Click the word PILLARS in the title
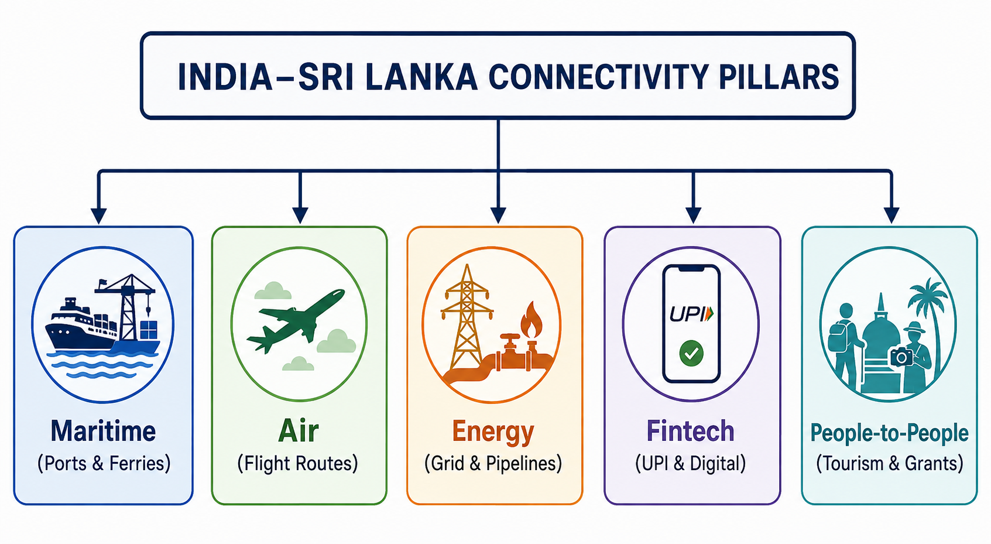coord(779,77)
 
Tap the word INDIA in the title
coord(225,77)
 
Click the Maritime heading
coord(103,430)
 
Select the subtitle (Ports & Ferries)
coord(104,463)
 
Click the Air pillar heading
coord(299,430)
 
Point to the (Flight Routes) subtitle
coord(298,463)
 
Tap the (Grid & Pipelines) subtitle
coord(493,463)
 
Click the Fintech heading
coord(691,430)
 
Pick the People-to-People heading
coord(890,433)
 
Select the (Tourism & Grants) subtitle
coord(890,463)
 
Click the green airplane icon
coord(296,320)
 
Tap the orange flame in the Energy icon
coord(531,320)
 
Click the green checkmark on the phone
coord(691,353)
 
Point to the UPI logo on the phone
coord(691,314)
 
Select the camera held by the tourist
coord(901,357)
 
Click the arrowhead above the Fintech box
coord(693,215)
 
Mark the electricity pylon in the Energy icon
coord(467,316)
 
